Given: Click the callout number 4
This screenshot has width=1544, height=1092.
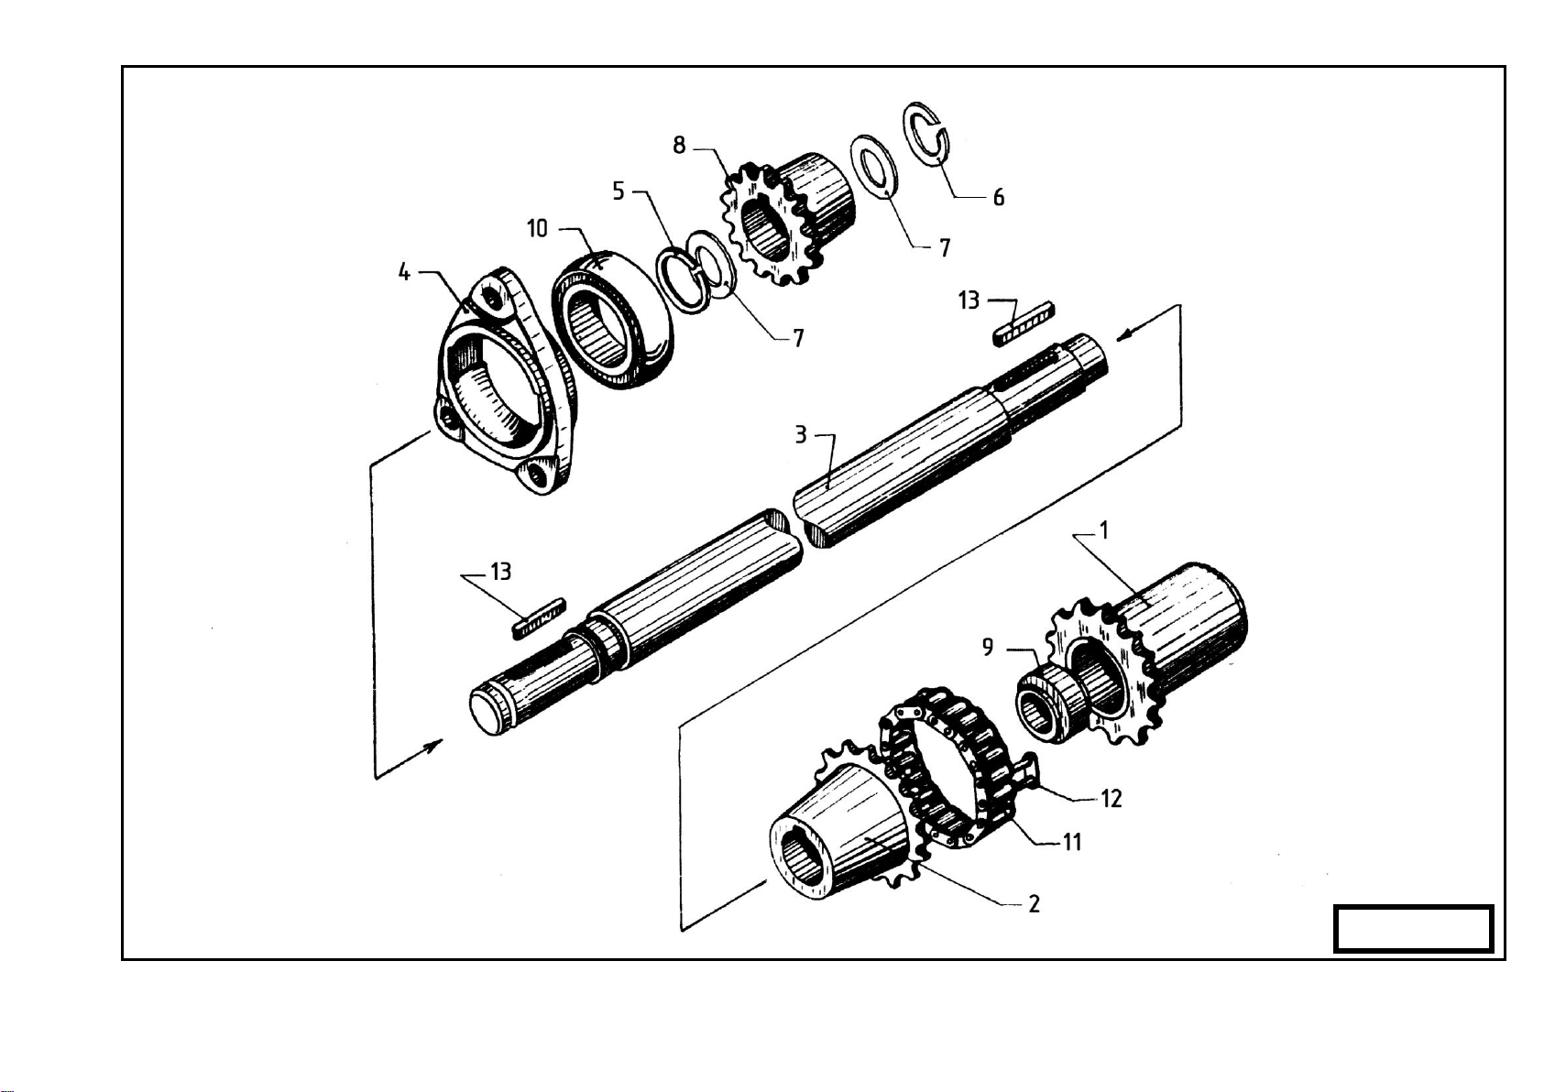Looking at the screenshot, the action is coord(405,272).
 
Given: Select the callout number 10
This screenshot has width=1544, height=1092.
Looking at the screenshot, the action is coord(538,228).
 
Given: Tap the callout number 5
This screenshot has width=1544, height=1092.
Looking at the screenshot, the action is coord(619,191).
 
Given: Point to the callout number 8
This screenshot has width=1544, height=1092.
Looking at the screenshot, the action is coord(680,146).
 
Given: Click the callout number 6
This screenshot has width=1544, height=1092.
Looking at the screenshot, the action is coord(999,198).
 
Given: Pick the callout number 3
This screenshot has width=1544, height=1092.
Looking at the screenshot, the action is coord(800,435).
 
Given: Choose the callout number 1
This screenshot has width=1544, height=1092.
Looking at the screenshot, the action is coord(1104,530).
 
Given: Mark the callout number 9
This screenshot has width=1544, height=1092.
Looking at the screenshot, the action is coord(988,647).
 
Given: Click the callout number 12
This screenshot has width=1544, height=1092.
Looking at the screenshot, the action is coord(1111,799).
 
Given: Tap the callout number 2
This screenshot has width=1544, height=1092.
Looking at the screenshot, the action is coord(1034,904).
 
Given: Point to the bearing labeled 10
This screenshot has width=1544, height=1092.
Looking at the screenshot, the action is coord(613,319).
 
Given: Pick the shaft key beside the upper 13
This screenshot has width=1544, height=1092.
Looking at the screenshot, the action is coord(1024,323).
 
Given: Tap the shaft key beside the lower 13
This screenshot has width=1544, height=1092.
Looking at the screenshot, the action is coord(540,618).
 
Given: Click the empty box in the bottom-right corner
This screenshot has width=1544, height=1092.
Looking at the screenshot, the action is coord(1413,929).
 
